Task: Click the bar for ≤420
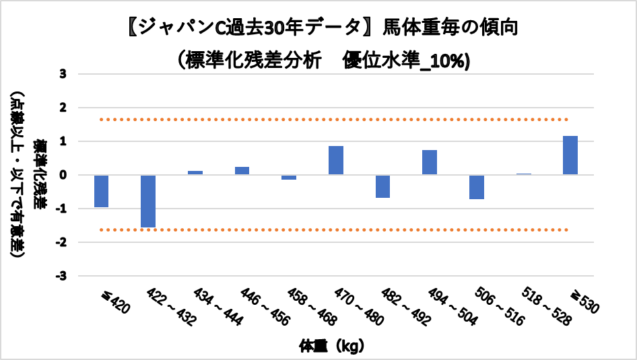coord(102,191)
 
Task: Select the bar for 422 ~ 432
coord(148,201)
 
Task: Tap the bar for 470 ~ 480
coord(336,160)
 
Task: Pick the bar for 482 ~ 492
coord(382,186)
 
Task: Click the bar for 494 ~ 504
coord(430,162)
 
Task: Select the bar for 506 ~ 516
coord(477,187)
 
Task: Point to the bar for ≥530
coord(570,155)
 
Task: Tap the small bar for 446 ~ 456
coord(242,171)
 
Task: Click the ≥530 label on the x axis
coord(584,301)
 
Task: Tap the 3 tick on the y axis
coord(63,74)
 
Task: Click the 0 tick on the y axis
coord(63,175)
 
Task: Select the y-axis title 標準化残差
coord(41,175)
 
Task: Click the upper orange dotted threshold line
coord(337,120)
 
